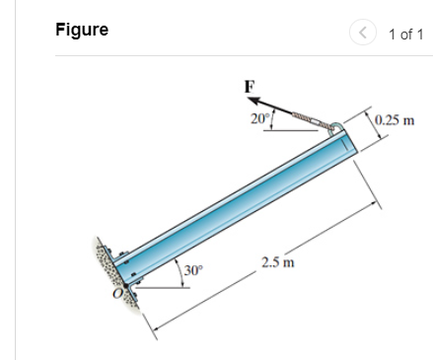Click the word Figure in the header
click(82, 30)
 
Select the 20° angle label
click(259, 120)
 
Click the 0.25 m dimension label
click(394, 122)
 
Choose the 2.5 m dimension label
click(275, 262)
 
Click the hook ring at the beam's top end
click(336, 126)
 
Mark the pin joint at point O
click(129, 287)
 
